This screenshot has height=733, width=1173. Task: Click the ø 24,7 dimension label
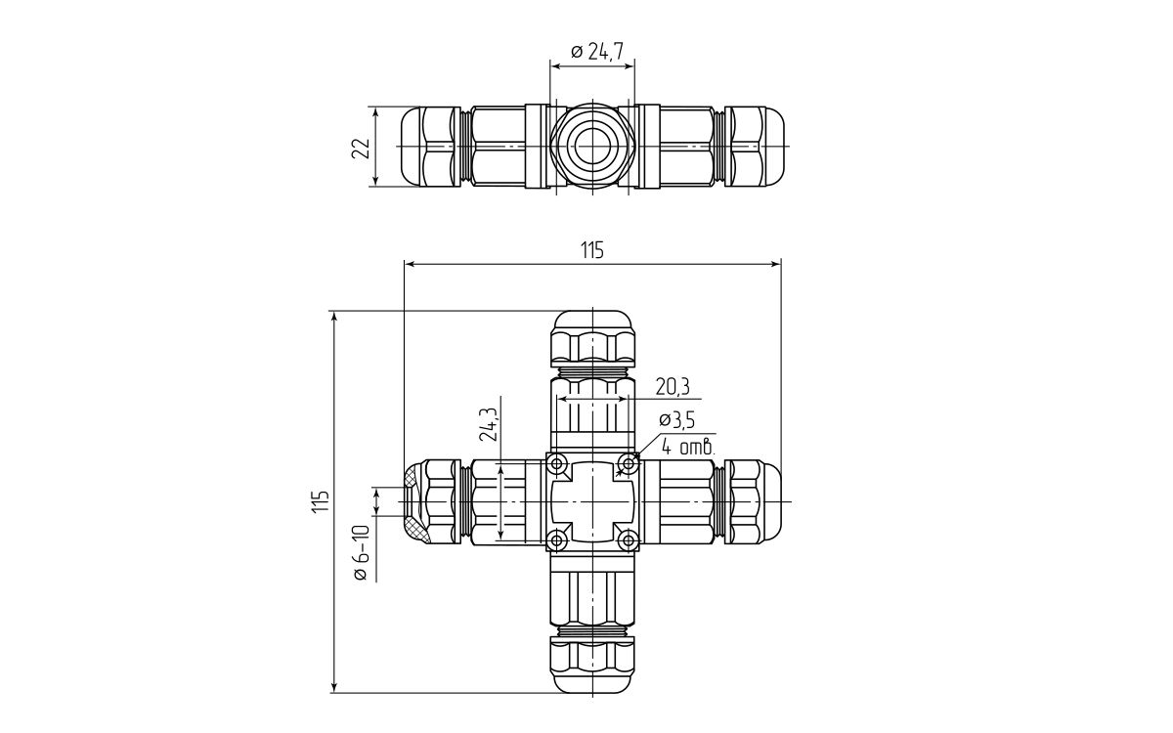click(597, 51)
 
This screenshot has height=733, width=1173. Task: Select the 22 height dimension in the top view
click(362, 147)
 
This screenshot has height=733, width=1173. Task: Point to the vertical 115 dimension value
click(320, 501)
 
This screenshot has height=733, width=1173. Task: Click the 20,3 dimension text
click(673, 387)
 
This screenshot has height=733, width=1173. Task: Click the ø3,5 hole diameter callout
click(676, 420)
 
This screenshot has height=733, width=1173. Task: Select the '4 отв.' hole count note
click(688, 448)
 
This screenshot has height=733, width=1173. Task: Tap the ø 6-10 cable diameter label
click(361, 553)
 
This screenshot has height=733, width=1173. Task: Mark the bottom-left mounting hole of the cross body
click(557, 539)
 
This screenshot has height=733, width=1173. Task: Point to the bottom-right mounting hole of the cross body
click(628, 539)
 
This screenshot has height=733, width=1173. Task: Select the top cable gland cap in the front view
click(592, 336)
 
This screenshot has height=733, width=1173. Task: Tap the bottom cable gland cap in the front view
click(592, 667)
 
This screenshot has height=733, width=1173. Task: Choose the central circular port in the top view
click(592, 147)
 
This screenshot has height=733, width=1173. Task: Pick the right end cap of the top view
click(756, 147)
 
